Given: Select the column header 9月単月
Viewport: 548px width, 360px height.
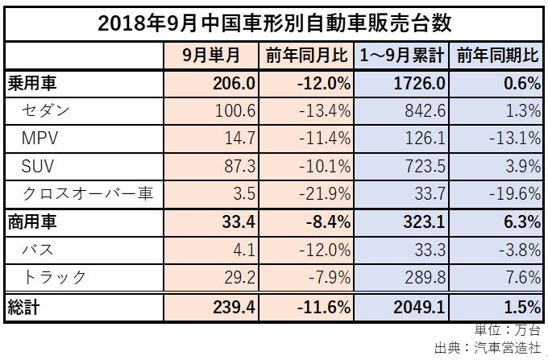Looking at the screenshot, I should click(x=211, y=56).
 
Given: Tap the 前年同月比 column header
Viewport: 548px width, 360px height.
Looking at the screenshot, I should click(x=306, y=56).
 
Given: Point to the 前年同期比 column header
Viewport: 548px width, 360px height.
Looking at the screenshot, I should click(x=497, y=56).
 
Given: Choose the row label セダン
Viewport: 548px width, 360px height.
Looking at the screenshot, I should click(x=49, y=110).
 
